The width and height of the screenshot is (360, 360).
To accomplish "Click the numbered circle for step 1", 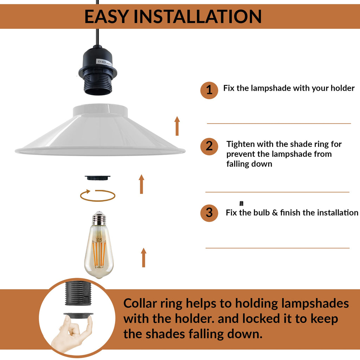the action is (x=209, y=90).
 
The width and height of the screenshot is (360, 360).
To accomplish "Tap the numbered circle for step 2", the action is (x=209, y=146).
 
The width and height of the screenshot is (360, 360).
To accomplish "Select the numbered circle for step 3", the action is (x=209, y=213).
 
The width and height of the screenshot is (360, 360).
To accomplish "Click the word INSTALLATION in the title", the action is (x=198, y=17).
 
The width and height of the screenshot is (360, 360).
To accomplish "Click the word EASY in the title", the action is (x=106, y=17).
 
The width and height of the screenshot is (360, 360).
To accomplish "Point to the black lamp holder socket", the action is (x=98, y=70).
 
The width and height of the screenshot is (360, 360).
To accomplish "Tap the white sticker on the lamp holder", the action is (x=104, y=63).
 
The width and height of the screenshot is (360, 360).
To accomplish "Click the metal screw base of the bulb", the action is (x=99, y=218).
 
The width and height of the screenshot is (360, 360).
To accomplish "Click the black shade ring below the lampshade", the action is (x=98, y=178).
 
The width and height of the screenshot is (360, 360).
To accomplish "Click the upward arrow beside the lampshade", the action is (x=177, y=126).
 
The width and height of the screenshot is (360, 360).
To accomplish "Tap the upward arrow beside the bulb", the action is (x=144, y=257).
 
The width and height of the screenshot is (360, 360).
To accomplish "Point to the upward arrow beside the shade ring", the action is (x=141, y=184).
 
